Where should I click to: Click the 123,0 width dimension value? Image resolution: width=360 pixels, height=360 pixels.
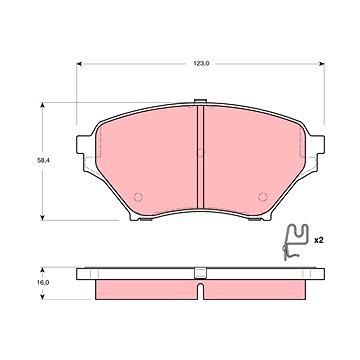(x=201, y=64)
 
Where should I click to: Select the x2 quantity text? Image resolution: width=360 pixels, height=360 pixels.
(x=319, y=240)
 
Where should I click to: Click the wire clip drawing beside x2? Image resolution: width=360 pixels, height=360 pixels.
(x=295, y=241)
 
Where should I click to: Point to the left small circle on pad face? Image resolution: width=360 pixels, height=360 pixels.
(x=138, y=197)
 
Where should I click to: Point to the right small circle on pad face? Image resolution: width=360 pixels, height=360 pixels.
(x=263, y=197)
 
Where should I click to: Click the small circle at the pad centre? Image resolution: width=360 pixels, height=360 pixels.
(x=200, y=153)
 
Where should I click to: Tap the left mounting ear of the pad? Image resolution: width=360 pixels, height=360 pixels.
(x=84, y=145)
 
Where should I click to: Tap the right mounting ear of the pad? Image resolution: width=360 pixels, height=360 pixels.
(x=317, y=145)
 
